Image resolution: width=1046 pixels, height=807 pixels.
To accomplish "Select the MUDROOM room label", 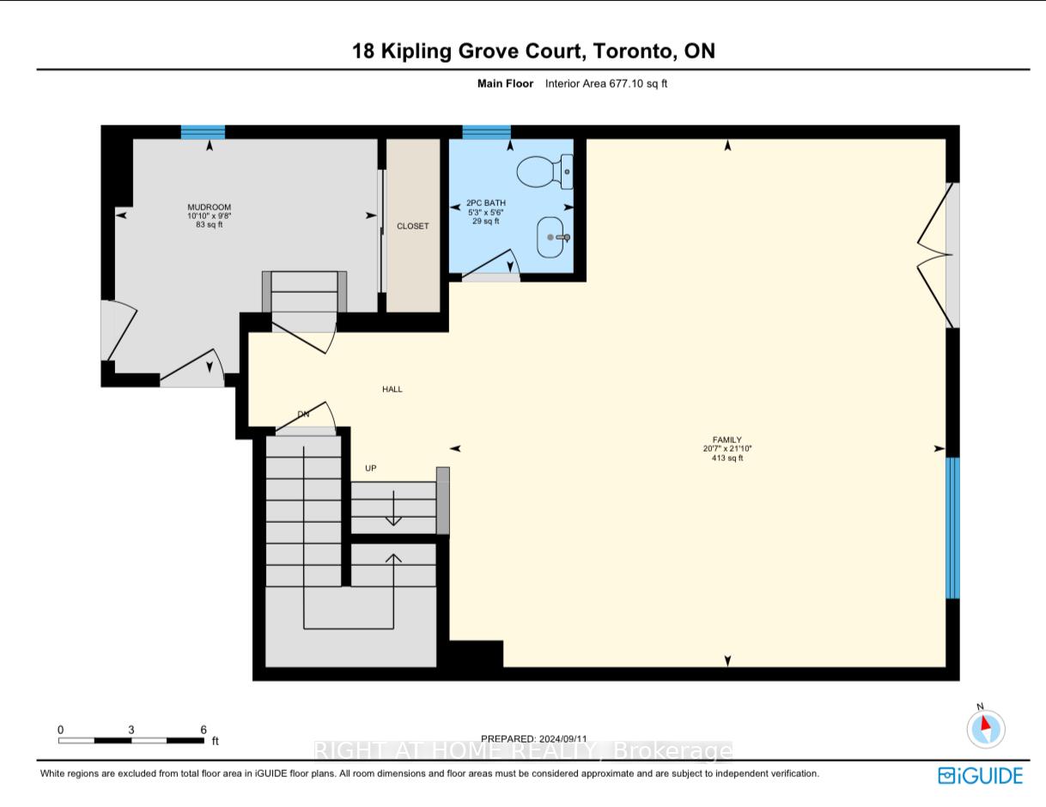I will tap(210, 208).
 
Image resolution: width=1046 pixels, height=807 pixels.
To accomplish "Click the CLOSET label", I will tap(412, 227).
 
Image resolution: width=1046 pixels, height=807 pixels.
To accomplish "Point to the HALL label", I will tap(392, 390).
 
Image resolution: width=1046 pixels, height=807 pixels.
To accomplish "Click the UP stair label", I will tap(371, 469).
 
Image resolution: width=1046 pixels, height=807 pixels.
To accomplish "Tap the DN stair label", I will tap(303, 415).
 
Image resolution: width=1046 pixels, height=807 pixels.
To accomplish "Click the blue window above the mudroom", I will tap(203, 132).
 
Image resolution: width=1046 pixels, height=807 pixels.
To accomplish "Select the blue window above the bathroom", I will tap(486, 132).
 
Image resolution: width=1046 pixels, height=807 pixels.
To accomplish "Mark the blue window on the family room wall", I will tap(952, 527).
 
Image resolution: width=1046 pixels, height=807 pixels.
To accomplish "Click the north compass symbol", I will tap(986, 729).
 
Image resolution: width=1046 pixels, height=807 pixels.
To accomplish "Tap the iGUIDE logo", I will tap(980, 775).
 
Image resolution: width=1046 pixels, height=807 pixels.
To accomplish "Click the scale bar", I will tap(131, 740).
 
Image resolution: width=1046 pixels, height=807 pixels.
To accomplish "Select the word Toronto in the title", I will tap(635, 52).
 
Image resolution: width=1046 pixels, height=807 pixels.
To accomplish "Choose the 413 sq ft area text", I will tap(721, 458).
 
